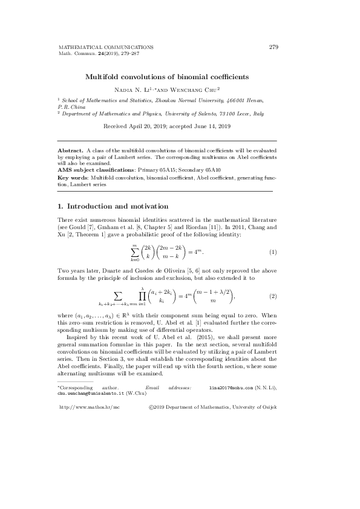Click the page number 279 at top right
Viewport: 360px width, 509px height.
click(273, 47)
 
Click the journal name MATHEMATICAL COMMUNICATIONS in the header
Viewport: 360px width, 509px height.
click(105, 47)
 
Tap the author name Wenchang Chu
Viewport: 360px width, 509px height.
click(196, 89)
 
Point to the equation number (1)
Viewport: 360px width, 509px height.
click(273, 251)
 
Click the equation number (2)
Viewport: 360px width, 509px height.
click(273, 297)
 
